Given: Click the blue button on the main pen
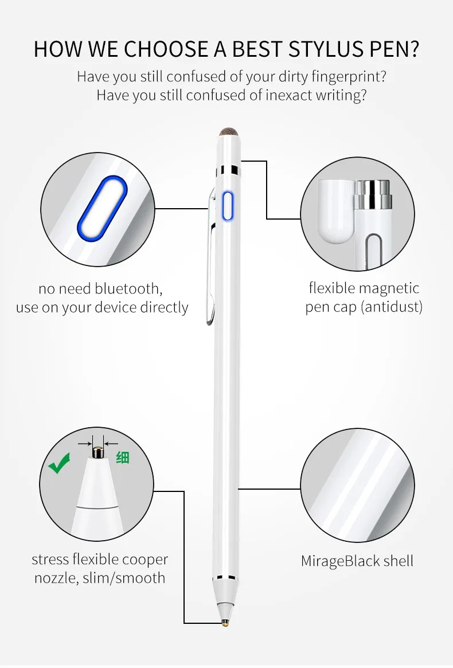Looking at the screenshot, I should [228, 206].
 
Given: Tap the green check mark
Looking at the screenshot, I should [59, 463].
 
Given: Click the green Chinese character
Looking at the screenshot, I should [123, 458].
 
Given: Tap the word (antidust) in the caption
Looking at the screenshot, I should [392, 307].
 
